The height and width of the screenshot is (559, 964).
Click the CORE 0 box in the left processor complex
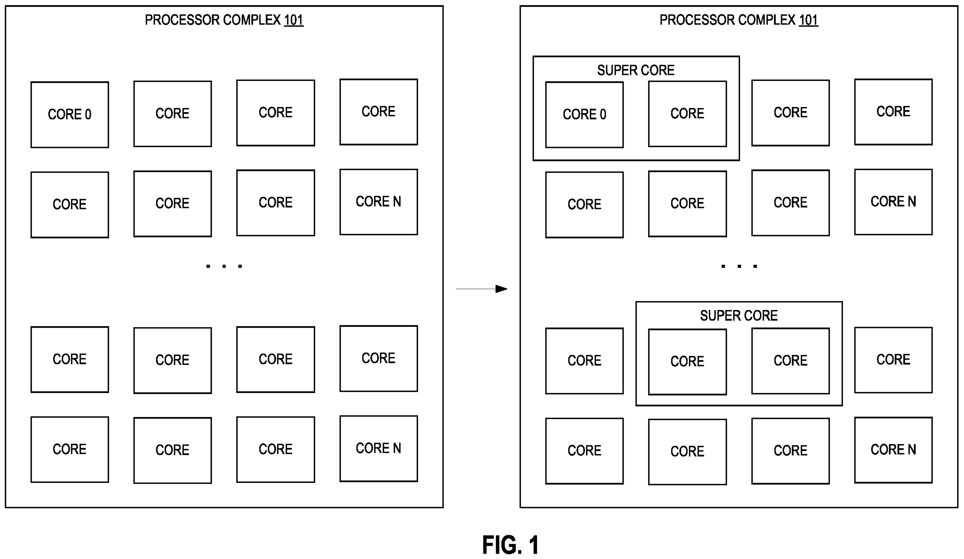tap(70, 115)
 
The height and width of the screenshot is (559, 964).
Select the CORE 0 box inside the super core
tap(584, 115)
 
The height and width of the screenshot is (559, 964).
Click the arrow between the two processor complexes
tap(482, 289)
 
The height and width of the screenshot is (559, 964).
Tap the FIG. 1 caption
tap(510, 545)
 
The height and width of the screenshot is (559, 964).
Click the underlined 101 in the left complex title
tap(293, 20)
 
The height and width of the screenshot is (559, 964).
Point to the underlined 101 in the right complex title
tap(808, 20)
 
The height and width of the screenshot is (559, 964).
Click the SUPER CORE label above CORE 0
tap(636, 70)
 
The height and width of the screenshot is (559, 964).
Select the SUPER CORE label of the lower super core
tap(739, 316)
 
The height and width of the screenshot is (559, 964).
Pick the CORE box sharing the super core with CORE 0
tap(688, 114)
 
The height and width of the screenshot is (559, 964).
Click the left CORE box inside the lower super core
tap(688, 362)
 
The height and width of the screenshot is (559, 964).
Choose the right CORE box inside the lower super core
tap(790, 361)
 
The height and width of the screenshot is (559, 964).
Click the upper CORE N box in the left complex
tap(379, 202)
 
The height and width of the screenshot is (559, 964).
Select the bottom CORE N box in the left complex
tap(379, 448)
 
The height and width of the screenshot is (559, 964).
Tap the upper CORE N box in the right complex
tap(893, 202)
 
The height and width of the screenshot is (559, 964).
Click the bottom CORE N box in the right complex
tap(893, 449)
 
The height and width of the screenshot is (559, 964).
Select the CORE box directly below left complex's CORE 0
tap(70, 205)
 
